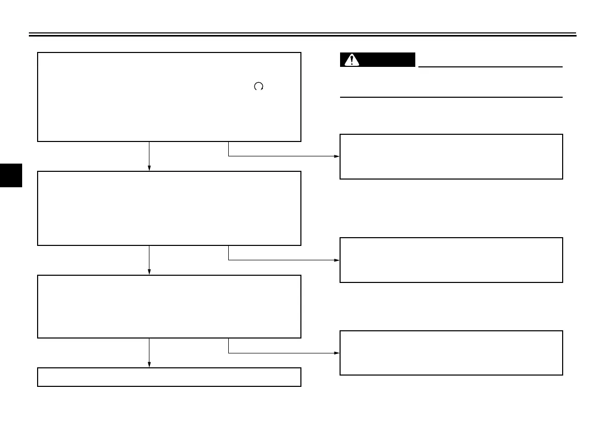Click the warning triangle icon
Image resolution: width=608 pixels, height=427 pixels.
352,60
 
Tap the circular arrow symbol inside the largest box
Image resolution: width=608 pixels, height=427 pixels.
259,86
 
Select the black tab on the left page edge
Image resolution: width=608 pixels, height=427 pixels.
11,175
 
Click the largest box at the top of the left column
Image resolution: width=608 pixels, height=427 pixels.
169,96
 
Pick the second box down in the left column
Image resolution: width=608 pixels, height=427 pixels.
169,208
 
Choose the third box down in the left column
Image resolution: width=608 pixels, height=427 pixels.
169,306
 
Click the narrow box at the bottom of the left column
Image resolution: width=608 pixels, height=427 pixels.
169,377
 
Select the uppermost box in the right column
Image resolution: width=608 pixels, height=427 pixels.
451,156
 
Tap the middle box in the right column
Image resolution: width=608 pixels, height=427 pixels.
451,260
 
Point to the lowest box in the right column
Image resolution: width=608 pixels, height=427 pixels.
451,352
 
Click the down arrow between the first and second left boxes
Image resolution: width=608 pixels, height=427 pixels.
149,156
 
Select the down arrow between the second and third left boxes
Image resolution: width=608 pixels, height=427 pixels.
149,260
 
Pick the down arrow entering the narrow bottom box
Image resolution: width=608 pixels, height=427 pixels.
149,352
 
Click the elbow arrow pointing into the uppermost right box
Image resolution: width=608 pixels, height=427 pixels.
283,156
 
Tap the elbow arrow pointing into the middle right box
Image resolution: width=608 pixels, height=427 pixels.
283,260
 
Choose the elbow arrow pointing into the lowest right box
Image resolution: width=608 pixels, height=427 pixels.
283,353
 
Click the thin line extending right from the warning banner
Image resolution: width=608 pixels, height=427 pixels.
489,66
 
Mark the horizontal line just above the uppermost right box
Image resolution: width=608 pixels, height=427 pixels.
451,97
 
